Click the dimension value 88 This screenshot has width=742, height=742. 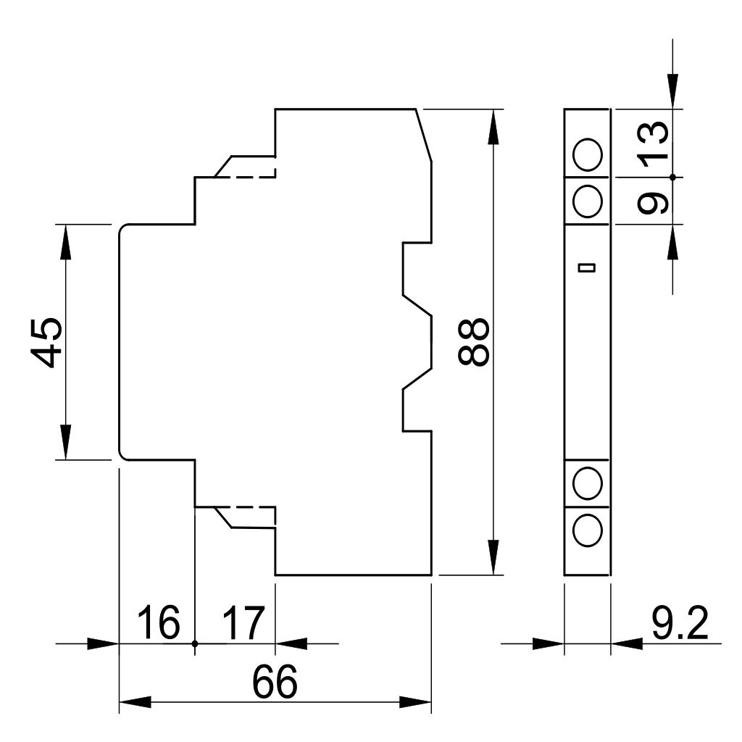473,342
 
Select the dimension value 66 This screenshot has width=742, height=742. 275,682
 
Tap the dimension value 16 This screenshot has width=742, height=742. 159,622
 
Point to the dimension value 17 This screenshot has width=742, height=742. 243,622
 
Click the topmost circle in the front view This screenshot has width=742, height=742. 587,155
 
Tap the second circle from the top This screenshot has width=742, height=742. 587,201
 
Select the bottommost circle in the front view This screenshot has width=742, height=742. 587,530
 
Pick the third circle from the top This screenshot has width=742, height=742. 587,483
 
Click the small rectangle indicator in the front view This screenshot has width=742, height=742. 587,268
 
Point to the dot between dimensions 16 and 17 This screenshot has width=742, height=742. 195,643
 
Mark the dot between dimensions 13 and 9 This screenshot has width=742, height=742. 673,177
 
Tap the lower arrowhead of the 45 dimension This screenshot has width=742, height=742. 66,443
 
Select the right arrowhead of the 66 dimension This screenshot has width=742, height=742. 415,701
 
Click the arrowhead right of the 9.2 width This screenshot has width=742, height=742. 627,643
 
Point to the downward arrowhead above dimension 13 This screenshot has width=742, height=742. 673,92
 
